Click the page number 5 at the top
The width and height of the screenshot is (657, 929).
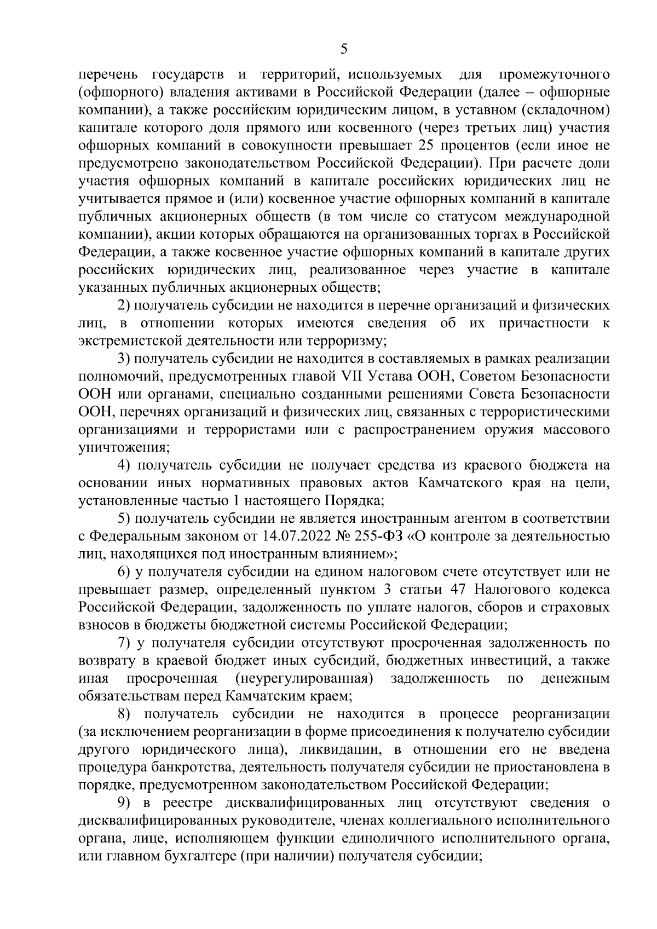point(343,50)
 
